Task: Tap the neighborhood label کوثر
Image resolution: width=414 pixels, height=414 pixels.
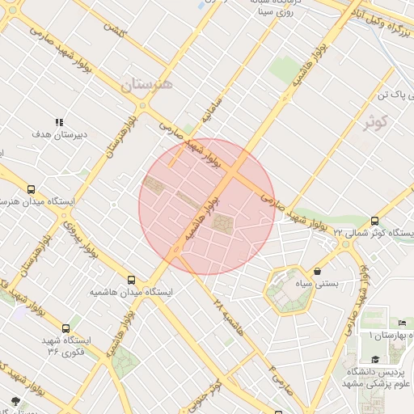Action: (x=376, y=123)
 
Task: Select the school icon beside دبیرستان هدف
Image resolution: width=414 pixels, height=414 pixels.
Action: (x=58, y=122)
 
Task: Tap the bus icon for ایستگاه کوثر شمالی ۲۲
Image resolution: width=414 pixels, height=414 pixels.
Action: (x=374, y=221)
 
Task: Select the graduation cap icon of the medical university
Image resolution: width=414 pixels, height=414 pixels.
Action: (x=374, y=360)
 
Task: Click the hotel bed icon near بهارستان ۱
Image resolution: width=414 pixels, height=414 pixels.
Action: (x=403, y=323)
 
